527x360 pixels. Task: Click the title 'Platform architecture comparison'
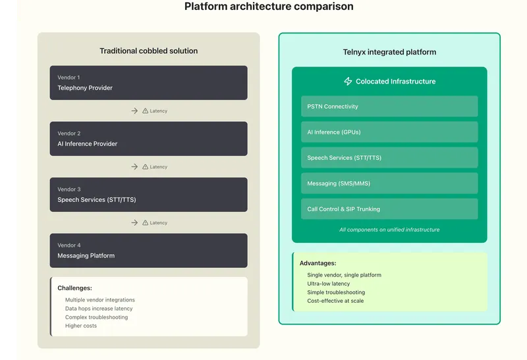268,7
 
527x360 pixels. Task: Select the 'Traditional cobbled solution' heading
148,51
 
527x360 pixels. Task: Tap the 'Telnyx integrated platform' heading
389,52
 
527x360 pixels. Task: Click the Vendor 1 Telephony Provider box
148,83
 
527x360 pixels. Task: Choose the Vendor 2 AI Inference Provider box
148,139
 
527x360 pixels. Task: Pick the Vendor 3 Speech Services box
148,195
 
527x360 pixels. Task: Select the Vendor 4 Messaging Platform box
148,251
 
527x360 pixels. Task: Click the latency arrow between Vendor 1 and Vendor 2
134,111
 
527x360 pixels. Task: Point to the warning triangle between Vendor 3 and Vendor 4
146,222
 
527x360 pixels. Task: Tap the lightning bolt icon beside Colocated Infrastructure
348,82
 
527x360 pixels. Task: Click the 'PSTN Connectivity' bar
389,107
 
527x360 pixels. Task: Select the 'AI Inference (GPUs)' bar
389,132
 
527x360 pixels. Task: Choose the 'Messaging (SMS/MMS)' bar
389,184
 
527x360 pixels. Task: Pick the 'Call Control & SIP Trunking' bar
389,209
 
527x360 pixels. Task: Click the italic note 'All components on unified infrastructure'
389,230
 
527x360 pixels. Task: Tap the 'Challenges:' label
74,288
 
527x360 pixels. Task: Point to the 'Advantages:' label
318,263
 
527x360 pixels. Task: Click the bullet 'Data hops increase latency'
99,309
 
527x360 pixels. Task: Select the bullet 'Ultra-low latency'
329,284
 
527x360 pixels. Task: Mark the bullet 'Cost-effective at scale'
335,301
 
